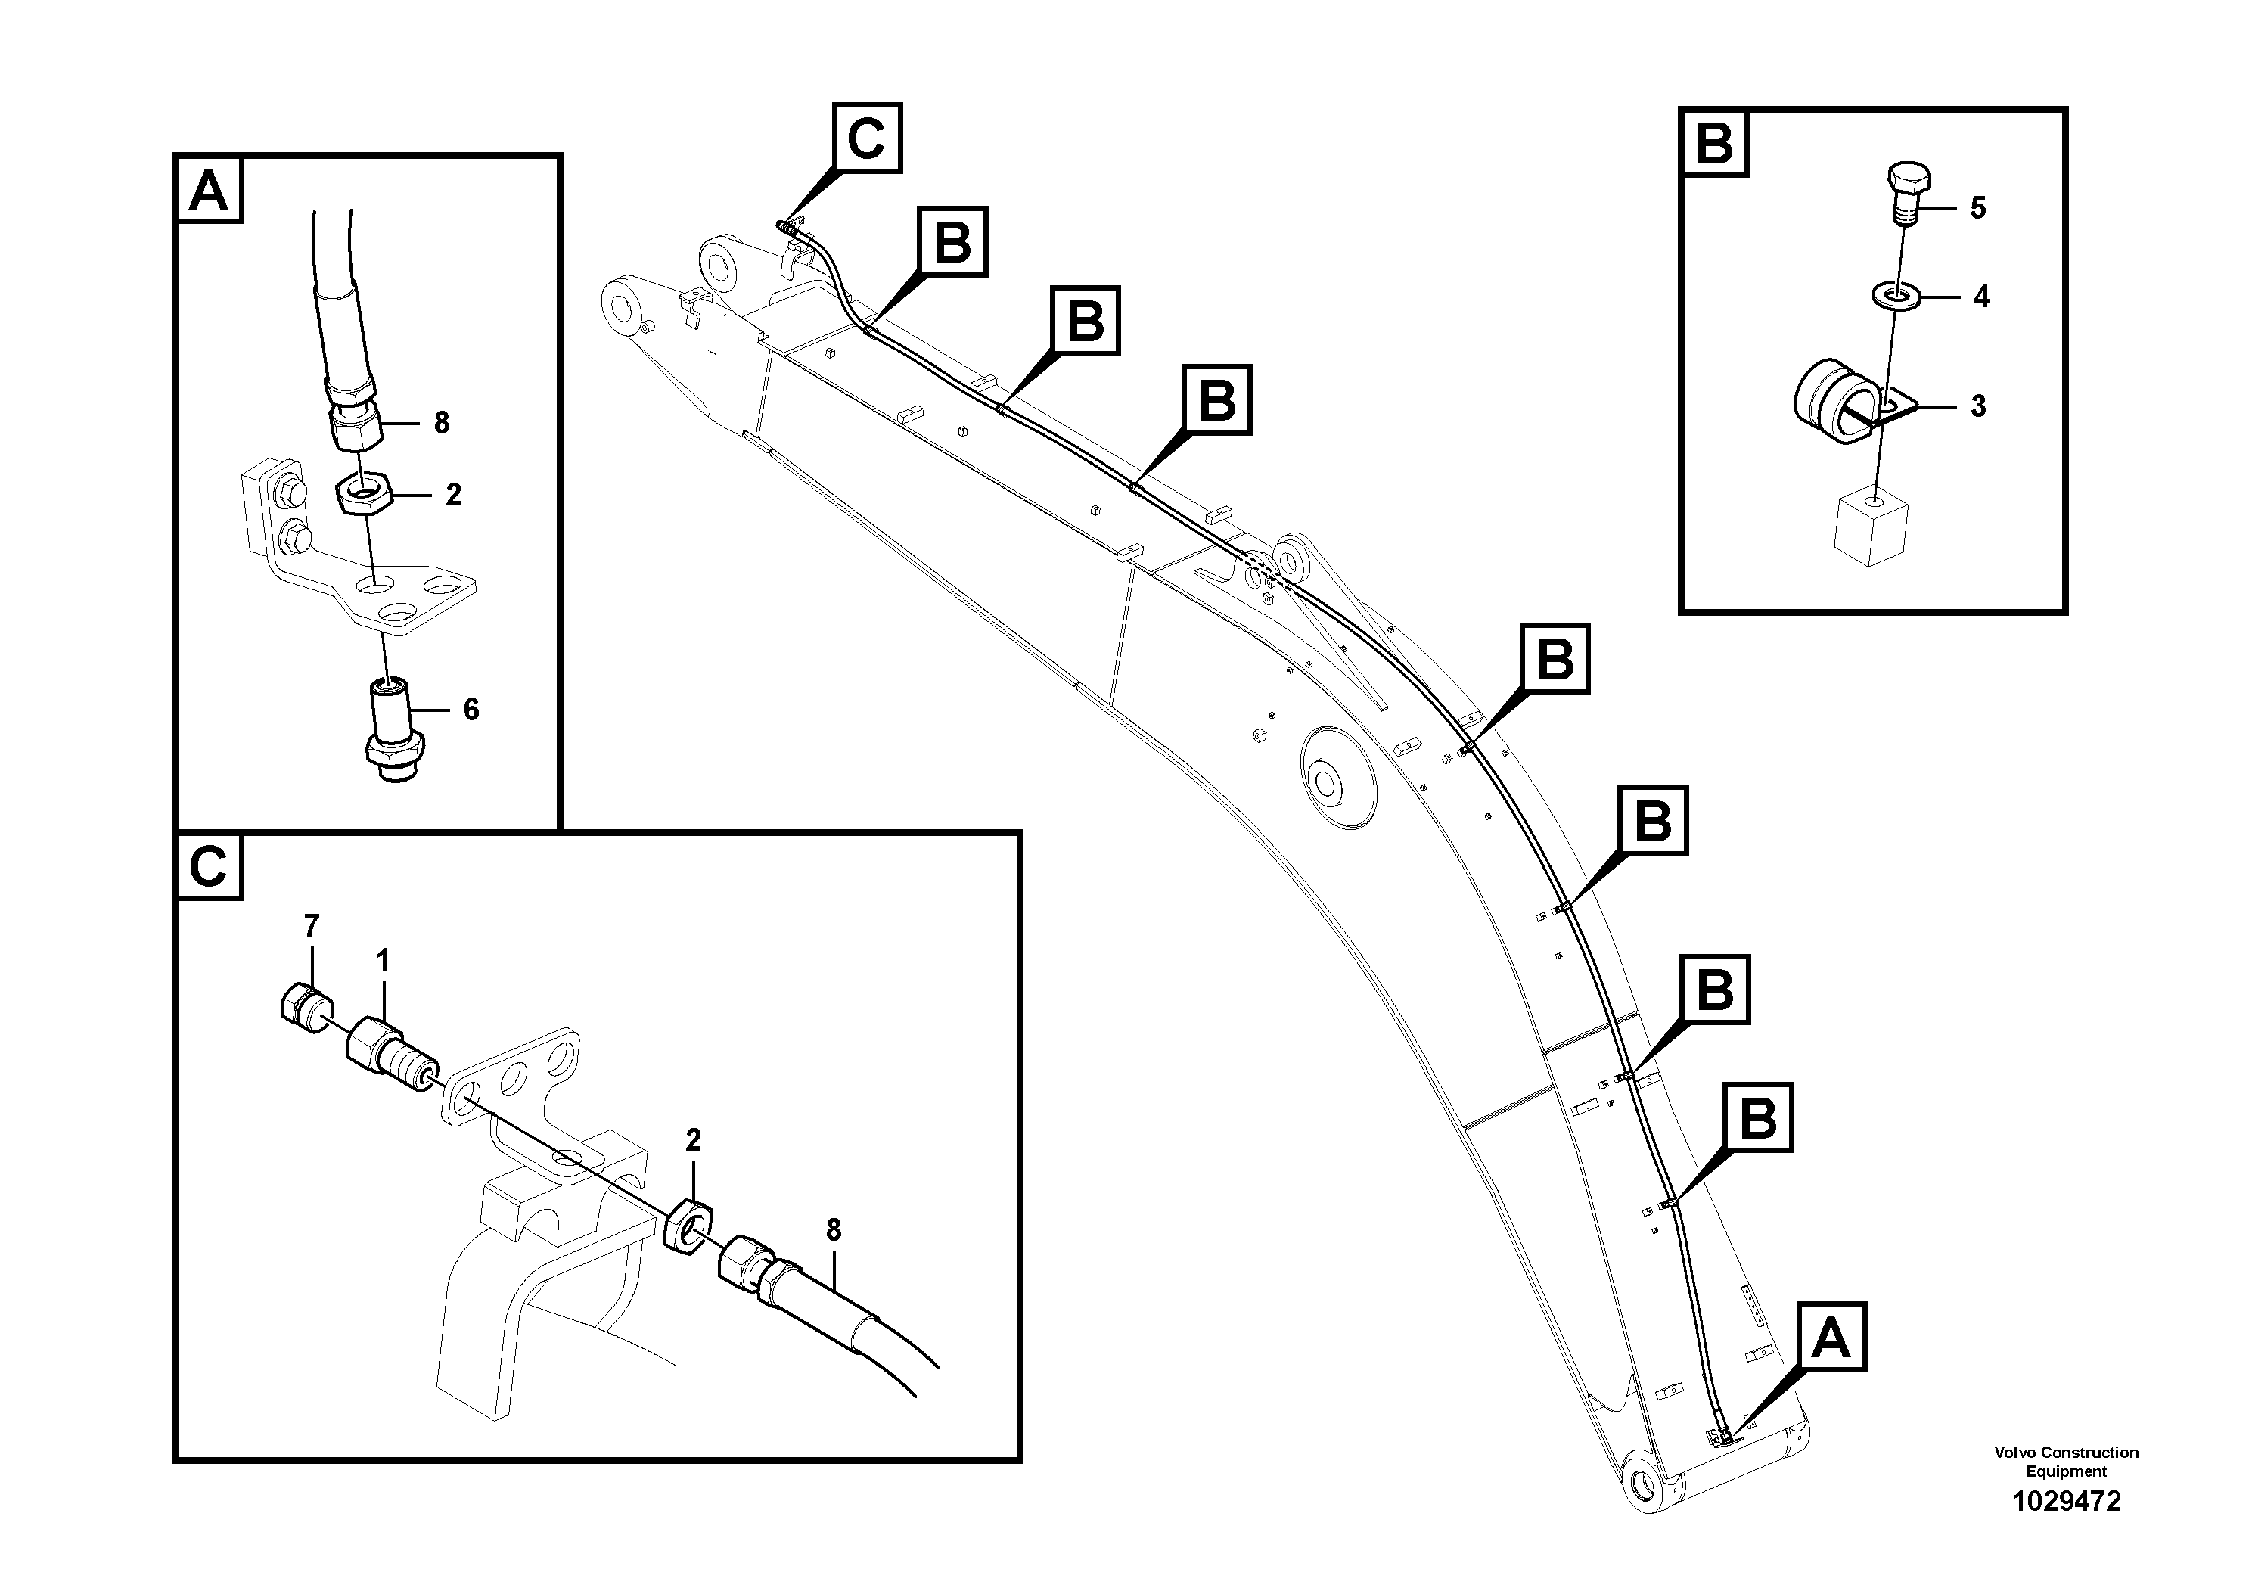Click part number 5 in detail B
[1977, 208]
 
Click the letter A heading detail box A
[209, 191]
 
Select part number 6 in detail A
[471, 709]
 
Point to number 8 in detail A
[441, 423]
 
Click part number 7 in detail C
[311, 925]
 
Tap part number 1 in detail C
[383, 960]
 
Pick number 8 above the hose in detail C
[834, 1230]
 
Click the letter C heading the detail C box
[209, 867]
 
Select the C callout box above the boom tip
[867, 138]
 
